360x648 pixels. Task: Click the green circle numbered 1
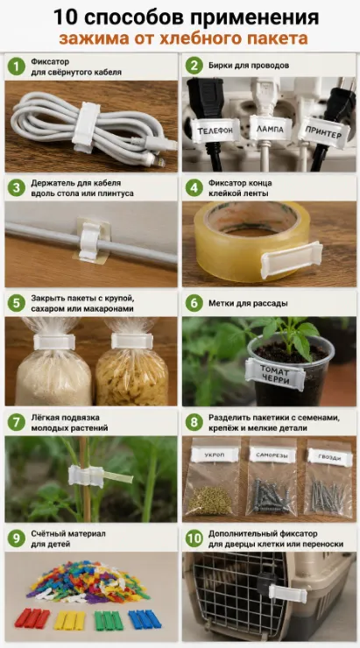click(16, 67)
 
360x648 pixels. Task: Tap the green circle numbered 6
click(194, 303)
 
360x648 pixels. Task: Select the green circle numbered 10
click(194, 539)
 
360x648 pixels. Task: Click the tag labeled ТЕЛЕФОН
click(215, 130)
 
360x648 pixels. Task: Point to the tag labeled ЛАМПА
click(271, 129)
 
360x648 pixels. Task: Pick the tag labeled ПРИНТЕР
click(323, 132)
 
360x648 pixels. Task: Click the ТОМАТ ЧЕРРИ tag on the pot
click(275, 374)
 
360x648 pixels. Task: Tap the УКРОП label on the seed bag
click(215, 455)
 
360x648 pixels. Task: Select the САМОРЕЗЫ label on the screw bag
click(272, 455)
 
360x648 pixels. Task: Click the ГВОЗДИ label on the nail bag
click(330, 457)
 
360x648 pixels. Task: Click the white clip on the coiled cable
click(87, 127)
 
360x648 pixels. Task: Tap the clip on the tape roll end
click(291, 259)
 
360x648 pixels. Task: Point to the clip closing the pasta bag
click(132, 341)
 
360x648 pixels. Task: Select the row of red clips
click(32, 618)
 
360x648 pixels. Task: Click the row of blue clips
click(145, 619)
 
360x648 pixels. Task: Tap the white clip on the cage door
click(288, 594)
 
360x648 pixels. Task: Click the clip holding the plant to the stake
click(86, 476)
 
